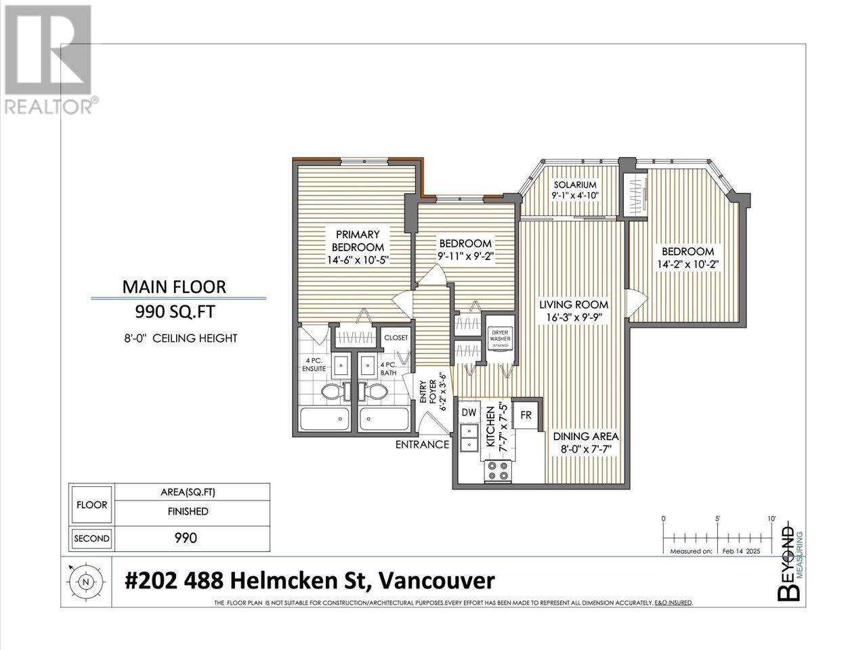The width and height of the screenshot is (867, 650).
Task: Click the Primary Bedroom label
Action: click(x=358, y=241)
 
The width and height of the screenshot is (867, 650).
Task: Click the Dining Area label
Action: click(x=585, y=437)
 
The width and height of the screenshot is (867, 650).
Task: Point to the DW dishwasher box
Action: click(x=469, y=412)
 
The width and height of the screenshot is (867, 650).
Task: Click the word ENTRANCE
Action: click(x=422, y=445)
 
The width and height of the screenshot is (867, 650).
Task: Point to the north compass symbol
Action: click(x=85, y=580)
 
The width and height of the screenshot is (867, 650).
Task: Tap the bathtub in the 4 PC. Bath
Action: click(x=384, y=420)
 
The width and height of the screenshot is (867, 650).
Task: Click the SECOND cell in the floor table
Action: click(x=91, y=538)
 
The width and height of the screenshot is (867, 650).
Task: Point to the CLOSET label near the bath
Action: click(x=396, y=338)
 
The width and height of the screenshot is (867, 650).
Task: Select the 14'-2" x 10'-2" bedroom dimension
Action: click(x=685, y=264)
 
